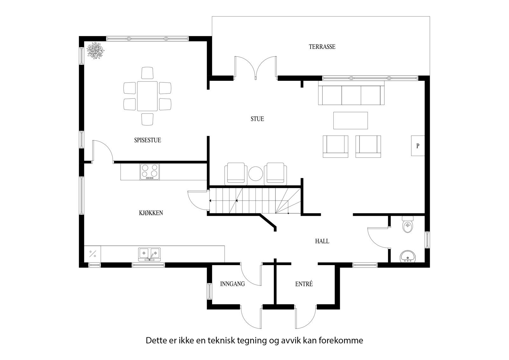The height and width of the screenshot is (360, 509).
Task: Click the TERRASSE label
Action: pyautogui.click(x=322, y=47)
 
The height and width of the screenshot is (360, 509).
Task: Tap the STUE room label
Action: pyautogui.click(x=257, y=119)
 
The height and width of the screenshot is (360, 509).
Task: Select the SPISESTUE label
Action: pyautogui.click(x=147, y=140)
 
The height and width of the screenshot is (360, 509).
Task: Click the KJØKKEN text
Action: pyautogui.click(x=151, y=213)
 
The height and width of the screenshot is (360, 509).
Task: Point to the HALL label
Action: pyautogui.click(x=322, y=241)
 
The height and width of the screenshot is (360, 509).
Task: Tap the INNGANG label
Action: pyautogui.click(x=232, y=284)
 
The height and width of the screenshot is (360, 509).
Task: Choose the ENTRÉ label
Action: pyautogui.click(x=304, y=284)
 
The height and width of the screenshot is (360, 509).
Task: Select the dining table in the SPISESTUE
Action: pyautogui.click(x=147, y=96)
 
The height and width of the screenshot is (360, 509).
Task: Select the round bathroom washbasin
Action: pyautogui.click(x=408, y=256)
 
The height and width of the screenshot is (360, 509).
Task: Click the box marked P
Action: pyautogui.click(x=418, y=146)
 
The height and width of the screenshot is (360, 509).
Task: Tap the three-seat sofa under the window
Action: pyautogui.click(x=351, y=95)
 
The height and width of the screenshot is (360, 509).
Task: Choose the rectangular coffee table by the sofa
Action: pyautogui.click(x=350, y=120)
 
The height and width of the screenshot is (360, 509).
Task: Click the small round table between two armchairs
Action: pyautogui.click(x=255, y=174)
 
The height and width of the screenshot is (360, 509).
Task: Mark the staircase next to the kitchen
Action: pyautogui.click(x=254, y=201)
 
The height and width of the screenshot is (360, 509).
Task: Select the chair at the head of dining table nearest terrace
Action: pyautogui.click(x=147, y=73)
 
